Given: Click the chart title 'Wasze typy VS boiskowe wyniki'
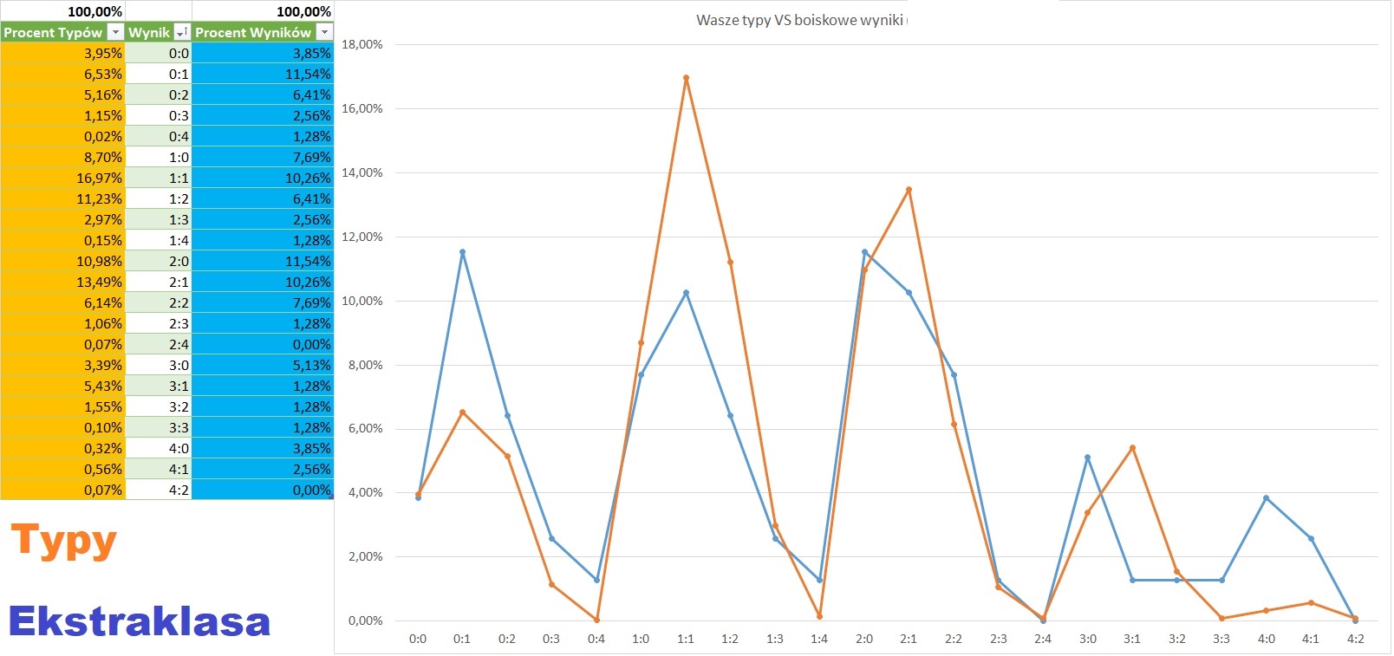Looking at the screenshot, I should pos(799,20).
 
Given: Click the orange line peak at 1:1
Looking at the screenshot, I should pos(686,78).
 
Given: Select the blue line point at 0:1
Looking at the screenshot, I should pos(462,252).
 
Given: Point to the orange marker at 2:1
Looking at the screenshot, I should pos(909,190).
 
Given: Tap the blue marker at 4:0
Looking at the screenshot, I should pos(1266,498).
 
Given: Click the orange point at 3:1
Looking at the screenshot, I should pos(1132,448).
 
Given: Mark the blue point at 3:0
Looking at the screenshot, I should pos(1087,458).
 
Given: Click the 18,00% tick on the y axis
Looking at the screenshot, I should pos(362,44).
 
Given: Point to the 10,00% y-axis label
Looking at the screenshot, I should pos(362,301).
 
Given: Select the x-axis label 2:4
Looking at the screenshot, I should pos(1042,639).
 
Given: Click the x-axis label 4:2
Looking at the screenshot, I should pos(1355,639).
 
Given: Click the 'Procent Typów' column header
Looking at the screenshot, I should pos(53,32).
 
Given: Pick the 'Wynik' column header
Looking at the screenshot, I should pos(149,32).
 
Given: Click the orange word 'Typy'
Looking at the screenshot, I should pos(63,542).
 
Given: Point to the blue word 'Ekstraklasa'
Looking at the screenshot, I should pos(139,621).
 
